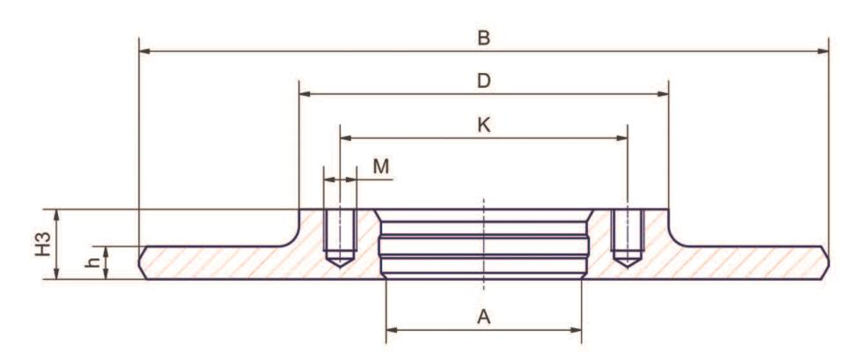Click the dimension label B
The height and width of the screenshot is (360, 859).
[x=483, y=39]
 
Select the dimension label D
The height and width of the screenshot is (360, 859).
[x=483, y=81]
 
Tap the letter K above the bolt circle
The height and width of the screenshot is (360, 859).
[x=483, y=125]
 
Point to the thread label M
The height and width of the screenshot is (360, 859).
[x=381, y=166]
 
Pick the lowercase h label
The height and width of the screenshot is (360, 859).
[x=93, y=262]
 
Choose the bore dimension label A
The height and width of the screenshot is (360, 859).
[x=483, y=317]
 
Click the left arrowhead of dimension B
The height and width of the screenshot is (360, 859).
[x=146, y=51]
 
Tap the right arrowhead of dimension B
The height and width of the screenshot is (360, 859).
[x=822, y=51]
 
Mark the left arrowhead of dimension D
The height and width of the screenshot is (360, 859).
[x=305, y=94]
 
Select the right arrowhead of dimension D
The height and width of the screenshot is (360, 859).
[x=663, y=94]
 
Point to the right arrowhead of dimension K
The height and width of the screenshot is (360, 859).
[x=621, y=137]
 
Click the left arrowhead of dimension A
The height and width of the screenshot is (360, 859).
[x=393, y=330]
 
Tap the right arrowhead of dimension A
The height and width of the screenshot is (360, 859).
[x=576, y=330]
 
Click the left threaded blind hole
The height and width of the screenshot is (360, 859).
[x=341, y=238]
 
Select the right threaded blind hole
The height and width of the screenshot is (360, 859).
[x=628, y=238]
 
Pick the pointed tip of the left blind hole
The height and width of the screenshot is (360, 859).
[x=341, y=267]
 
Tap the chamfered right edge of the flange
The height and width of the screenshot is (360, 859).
[x=825, y=263]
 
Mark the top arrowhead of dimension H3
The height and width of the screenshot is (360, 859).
[x=56, y=216]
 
